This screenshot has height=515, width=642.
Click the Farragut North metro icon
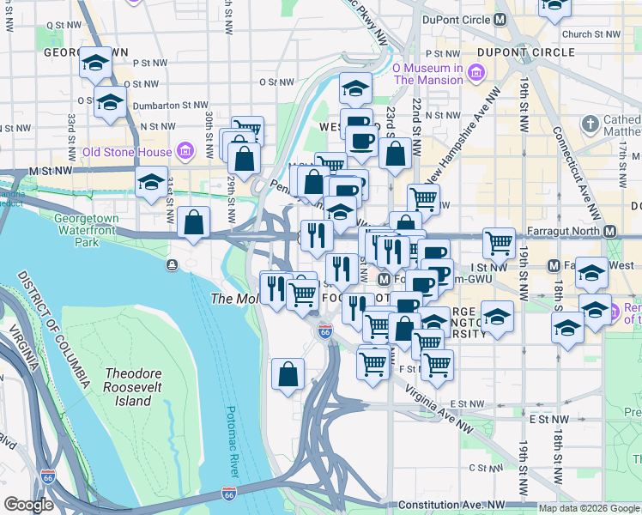pyautogui.click(x=610, y=231)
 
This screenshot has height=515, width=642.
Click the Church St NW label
pyautogui.click(x=591, y=34)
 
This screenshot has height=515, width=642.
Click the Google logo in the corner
pyautogui.click(x=29, y=505)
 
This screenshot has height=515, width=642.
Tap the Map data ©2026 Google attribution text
pyautogui.click(x=588, y=508)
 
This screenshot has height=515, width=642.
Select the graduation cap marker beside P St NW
pyautogui.click(x=94, y=63)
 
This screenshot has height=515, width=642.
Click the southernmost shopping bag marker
pyautogui.click(x=288, y=373)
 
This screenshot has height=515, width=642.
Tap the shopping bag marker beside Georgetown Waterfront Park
pyautogui.click(x=193, y=222)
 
